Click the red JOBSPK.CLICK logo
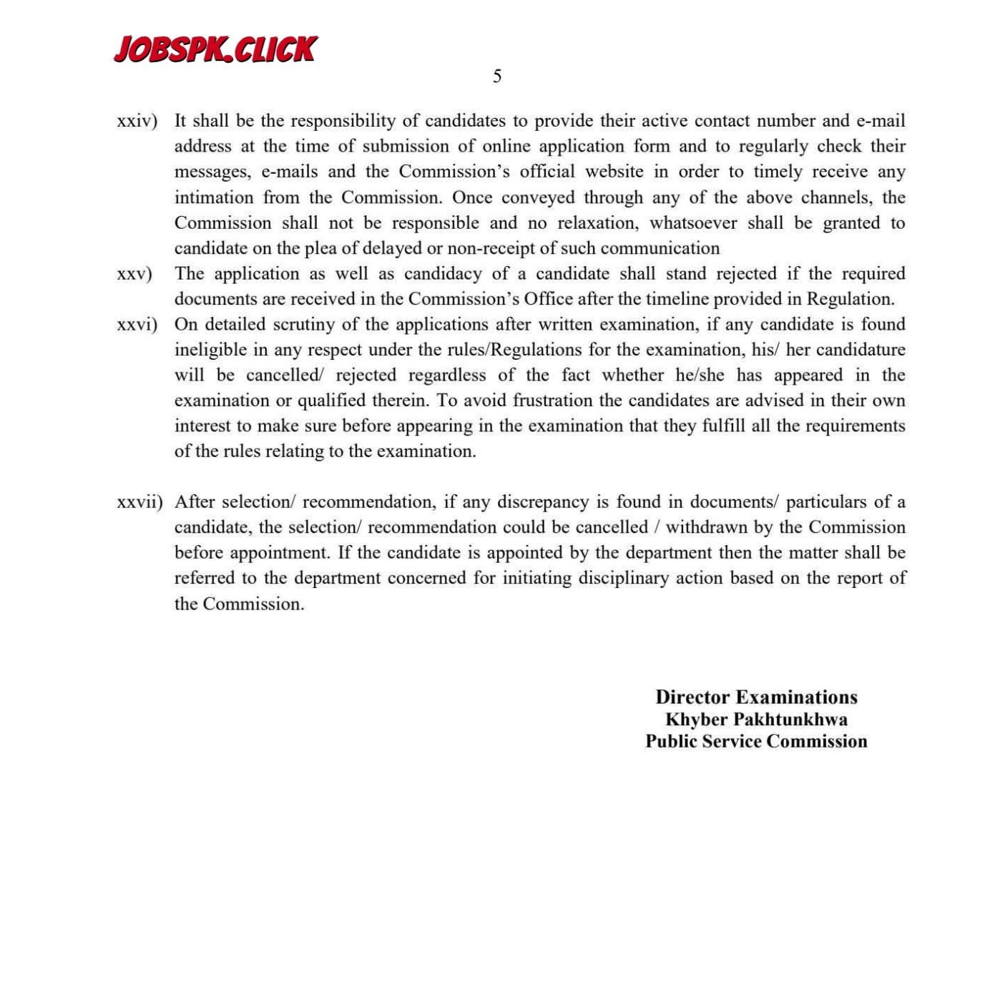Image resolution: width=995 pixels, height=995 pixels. [x=215, y=49]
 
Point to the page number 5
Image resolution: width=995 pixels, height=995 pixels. [x=497, y=77]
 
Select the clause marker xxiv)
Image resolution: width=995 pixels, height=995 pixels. [x=137, y=122]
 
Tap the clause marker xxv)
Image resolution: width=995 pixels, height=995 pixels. [x=134, y=275]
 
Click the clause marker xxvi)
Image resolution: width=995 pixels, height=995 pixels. [x=137, y=325]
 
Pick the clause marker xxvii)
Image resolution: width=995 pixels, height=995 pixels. [x=139, y=503]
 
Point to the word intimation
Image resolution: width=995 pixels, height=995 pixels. [x=214, y=197]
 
